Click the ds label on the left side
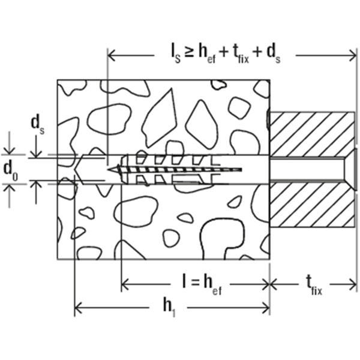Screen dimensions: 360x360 tap(38, 125)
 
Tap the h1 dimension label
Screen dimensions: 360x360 tap(169, 308)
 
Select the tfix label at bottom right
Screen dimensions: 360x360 tap(314, 286)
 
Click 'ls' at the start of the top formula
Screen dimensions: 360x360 tap(176, 56)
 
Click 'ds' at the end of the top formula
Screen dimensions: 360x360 tap(273, 56)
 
